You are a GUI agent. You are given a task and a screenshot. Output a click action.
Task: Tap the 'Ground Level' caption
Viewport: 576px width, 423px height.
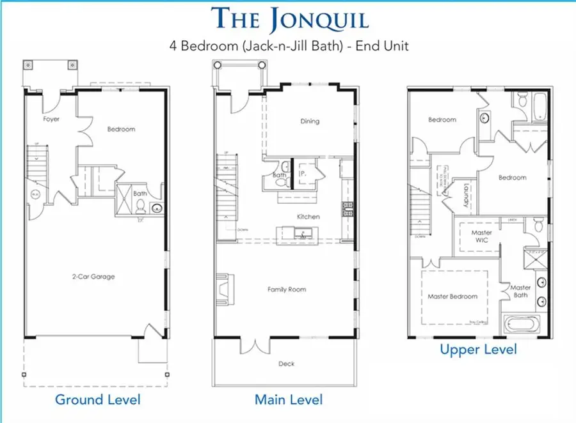point(97,400)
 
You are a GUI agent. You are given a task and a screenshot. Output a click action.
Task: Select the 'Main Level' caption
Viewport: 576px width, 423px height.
point(289,400)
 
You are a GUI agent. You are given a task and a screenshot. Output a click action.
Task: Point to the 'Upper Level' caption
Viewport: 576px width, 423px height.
point(478,350)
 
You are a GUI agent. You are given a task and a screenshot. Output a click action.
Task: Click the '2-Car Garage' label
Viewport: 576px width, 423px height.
point(93,277)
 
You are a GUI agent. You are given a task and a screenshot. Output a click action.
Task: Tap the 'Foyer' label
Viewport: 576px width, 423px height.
point(52,119)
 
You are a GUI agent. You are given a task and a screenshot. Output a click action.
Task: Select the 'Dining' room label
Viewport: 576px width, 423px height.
point(309,121)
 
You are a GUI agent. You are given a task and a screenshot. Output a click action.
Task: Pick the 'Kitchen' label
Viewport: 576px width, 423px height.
point(308,217)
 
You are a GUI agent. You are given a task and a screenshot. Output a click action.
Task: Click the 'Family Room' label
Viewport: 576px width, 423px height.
point(287,289)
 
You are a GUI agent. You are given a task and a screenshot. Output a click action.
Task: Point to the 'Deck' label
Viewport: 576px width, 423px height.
point(287,364)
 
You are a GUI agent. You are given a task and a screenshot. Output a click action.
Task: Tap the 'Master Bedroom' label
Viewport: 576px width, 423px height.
point(452,296)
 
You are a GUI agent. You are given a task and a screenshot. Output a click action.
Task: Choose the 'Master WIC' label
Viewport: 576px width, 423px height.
point(481,236)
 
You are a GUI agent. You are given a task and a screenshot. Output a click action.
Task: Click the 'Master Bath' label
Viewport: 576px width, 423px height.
point(520,291)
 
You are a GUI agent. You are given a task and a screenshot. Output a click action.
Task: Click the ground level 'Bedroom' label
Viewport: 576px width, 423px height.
point(121,129)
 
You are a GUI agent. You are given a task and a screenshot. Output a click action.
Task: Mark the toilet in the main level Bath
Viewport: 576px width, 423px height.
point(277,181)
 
